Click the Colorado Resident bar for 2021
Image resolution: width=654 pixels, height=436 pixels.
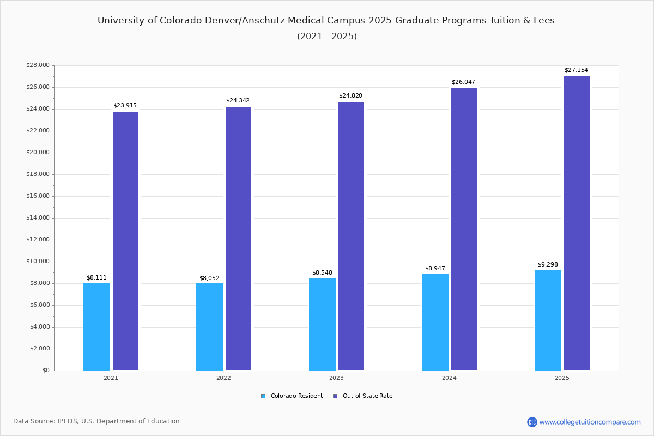[x=96, y=326]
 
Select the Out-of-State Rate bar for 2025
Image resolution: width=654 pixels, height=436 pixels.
[x=577, y=223]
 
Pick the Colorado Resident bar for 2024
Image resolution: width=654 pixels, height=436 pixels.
[x=435, y=322]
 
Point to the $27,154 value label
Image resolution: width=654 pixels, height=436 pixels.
[x=576, y=70]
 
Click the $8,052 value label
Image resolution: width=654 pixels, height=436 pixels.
[x=209, y=278]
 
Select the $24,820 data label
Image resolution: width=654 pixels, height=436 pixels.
[x=350, y=96]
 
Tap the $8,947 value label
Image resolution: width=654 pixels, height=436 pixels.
[x=435, y=269]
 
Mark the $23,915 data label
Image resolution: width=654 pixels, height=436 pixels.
[x=125, y=106]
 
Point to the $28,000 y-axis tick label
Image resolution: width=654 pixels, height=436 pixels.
[x=38, y=65]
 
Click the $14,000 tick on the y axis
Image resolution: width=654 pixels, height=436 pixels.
[x=38, y=218]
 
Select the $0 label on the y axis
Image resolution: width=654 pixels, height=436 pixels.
[x=45, y=371]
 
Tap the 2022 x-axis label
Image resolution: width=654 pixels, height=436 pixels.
[x=223, y=378]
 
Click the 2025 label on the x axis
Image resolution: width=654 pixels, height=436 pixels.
[x=562, y=378]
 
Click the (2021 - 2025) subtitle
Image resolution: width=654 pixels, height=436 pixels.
[x=326, y=37]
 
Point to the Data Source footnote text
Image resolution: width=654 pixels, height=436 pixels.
[x=96, y=421]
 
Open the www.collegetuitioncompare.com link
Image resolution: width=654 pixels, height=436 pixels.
[x=590, y=422]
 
